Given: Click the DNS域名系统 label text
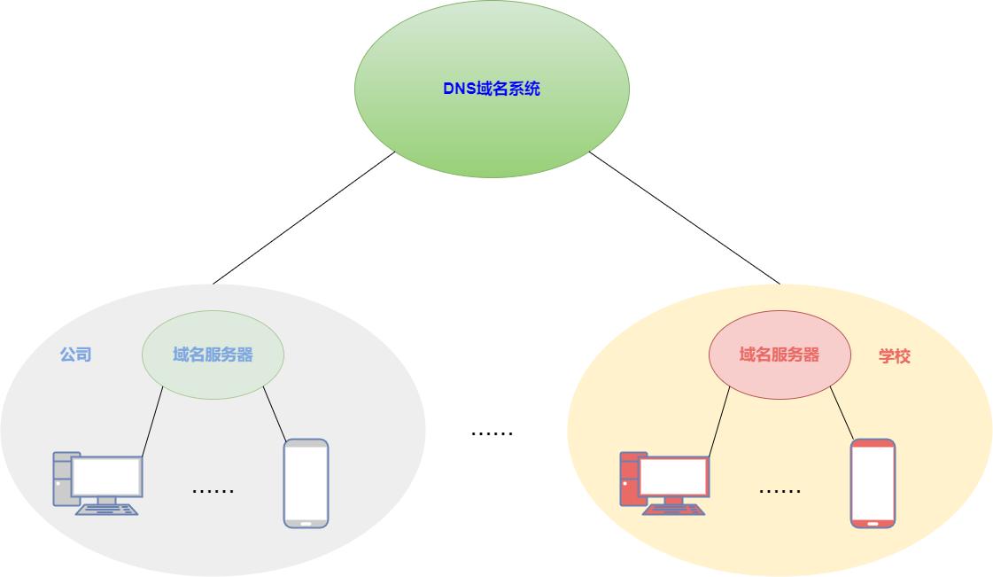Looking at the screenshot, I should (x=492, y=89).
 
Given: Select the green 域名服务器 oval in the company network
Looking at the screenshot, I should (x=213, y=355).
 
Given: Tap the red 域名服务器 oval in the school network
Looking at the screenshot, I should (x=780, y=355).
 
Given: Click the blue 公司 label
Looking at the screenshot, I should (x=75, y=355).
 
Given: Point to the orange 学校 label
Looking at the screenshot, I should (x=895, y=356).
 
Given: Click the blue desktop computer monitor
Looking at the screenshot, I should (x=107, y=477).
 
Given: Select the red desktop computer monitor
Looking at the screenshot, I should (x=674, y=477).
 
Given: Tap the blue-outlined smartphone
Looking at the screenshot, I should (x=306, y=484).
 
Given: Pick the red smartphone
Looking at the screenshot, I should (x=873, y=484).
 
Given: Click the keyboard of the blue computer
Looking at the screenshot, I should (x=107, y=510).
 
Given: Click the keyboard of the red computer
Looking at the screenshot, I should (x=674, y=510).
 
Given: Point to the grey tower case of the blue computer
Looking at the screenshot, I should (x=61, y=479).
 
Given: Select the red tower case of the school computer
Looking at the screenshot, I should (x=628, y=479).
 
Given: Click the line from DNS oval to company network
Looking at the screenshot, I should (x=304, y=218).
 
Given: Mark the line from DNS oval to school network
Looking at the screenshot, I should (x=685, y=218).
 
